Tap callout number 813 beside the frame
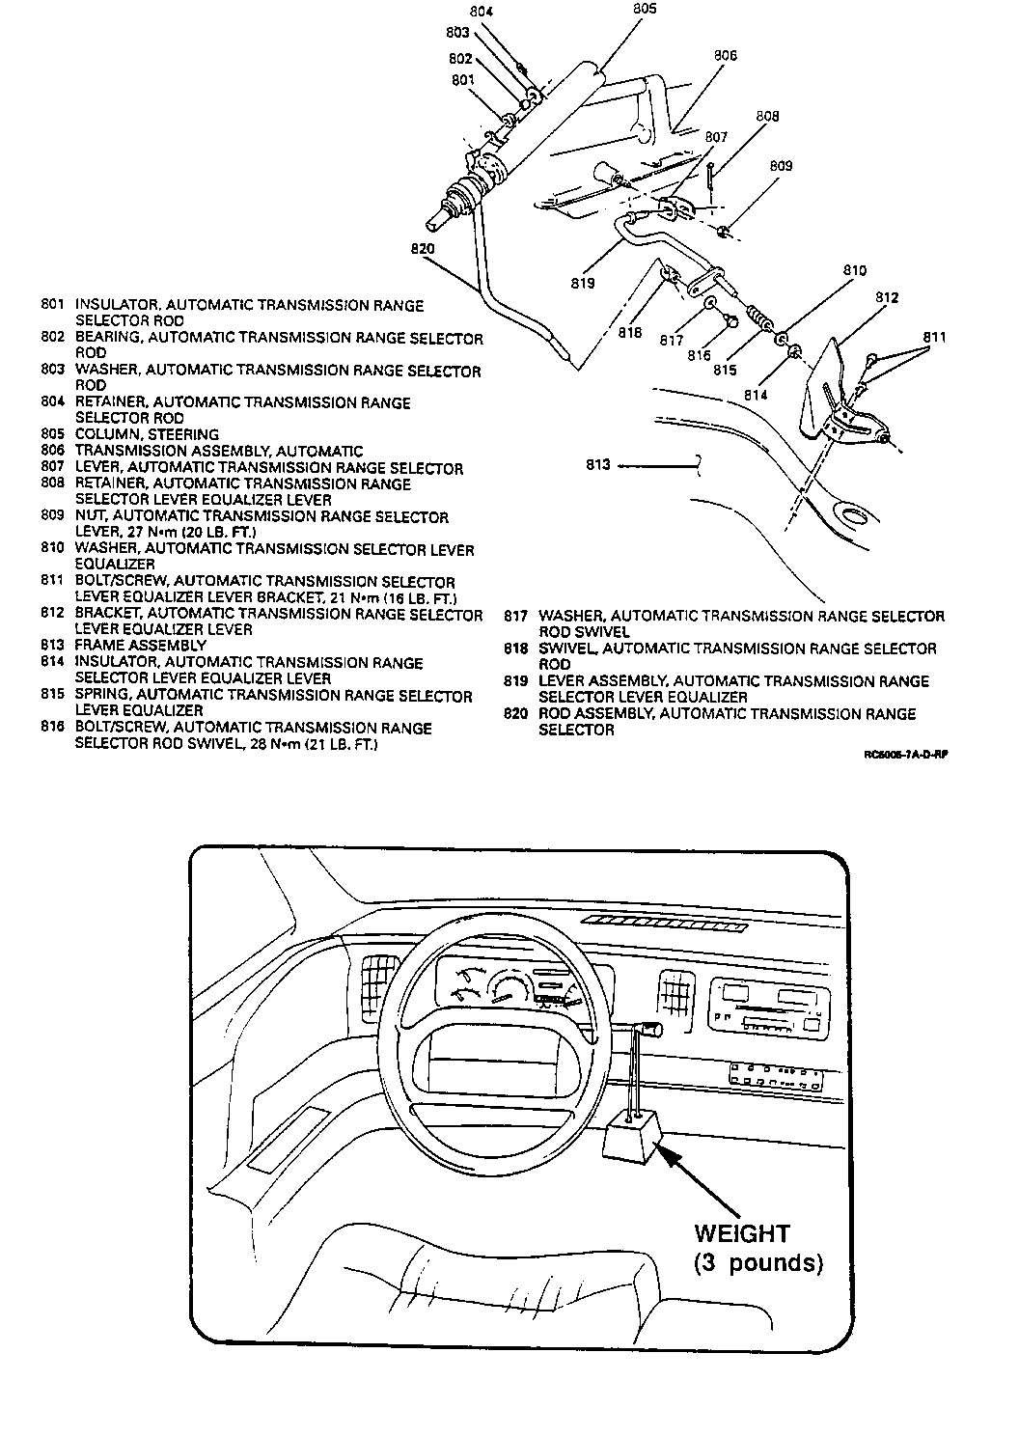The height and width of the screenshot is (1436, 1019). (598, 465)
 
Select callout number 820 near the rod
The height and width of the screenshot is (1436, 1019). (422, 249)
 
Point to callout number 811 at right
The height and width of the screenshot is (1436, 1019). (934, 337)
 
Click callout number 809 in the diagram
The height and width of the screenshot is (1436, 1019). (781, 166)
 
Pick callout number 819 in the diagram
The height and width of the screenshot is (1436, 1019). (582, 283)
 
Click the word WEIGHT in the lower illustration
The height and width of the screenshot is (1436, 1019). (742, 1233)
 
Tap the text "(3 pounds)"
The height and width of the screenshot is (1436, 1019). (757, 1263)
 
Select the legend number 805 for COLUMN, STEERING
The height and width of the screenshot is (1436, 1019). (52, 434)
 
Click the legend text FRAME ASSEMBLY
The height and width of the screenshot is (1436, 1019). (141, 645)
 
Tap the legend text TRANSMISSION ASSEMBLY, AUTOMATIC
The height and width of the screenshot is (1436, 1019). (219, 451)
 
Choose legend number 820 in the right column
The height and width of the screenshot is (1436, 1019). (516, 714)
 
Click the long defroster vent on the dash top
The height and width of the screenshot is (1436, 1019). (665, 924)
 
